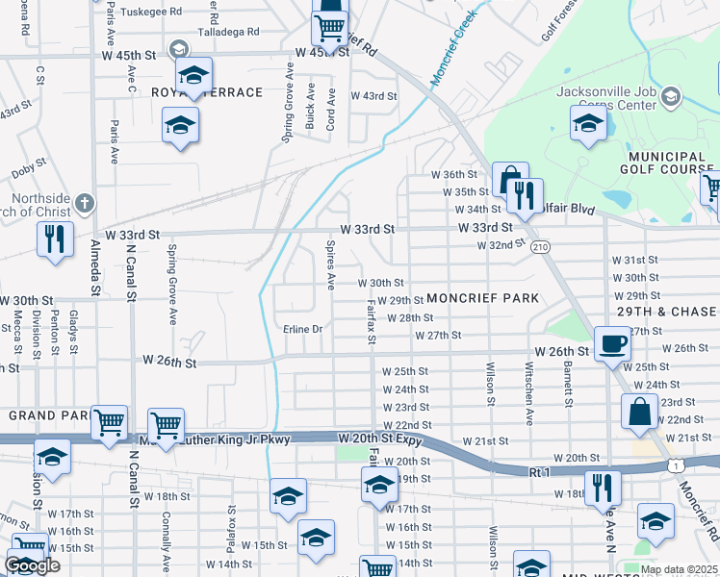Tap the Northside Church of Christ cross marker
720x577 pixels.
[85, 203]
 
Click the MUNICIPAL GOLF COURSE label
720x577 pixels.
[665, 163]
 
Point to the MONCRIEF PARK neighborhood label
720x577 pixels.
[483, 298]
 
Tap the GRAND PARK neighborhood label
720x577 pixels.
[43, 415]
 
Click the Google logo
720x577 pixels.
[32, 565]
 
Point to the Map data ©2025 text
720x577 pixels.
[680, 569]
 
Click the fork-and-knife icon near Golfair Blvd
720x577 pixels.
[525, 196]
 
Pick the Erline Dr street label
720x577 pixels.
[302, 329]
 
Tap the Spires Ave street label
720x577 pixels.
[330, 266]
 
